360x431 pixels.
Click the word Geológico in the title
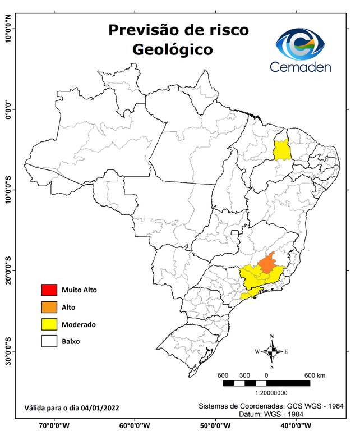pyautogui.click(x=172, y=49)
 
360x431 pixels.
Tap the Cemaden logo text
pyautogui.click(x=301, y=67)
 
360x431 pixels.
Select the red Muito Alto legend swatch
pyautogui.click(x=49, y=290)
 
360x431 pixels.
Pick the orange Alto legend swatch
pyautogui.click(x=49, y=307)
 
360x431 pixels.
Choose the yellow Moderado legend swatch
pyautogui.click(x=49, y=324)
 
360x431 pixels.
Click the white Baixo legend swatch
pyautogui.click(x=49, y=341)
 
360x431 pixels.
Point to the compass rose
pyautogui.click(x=272, y=351)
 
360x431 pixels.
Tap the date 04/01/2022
pyautogui.click(x=100, y=407)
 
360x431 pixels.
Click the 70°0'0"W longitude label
pyautogui.click(x=54, y=425)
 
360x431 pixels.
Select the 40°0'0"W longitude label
pyautogui.click(x=294, y=425)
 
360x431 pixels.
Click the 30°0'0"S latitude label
pyautogui.click(x=8, y=351)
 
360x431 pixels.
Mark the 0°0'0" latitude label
pyautogui.click(x=8, y=109)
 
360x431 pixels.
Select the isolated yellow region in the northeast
pyautogui.click(x=281, y=150)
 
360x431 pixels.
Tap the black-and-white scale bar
pyautogui.click(x=266, y=383)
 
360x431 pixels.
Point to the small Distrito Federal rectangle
pyautogui.click(x=234, y=231)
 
